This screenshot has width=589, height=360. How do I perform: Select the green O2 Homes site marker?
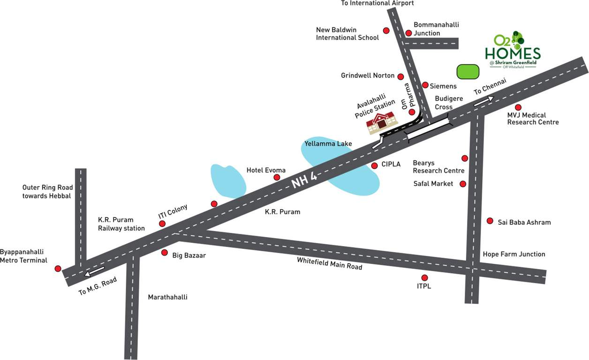(468, 72)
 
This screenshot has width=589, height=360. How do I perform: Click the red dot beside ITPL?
(424, 277)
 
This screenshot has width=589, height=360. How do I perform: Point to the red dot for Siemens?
(425, 85)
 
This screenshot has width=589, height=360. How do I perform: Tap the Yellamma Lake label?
(328, 143)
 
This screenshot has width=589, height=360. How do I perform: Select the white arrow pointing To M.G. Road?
(94, 272)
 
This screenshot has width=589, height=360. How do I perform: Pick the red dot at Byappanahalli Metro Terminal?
(58, 269)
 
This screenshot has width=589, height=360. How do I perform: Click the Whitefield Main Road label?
(329, 263)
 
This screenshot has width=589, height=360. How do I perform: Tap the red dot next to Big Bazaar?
(165, 253)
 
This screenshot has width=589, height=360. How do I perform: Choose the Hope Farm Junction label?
(514, 254)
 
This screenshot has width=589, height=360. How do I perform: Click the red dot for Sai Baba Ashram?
(490, 221)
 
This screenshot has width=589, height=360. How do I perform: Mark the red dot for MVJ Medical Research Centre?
(518, 107)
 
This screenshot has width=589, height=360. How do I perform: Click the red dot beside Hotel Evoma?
(277, 177)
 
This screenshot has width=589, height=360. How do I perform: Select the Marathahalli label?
(167, 297)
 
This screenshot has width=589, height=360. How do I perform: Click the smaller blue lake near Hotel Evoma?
(228, 180)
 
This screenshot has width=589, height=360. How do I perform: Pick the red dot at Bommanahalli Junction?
(408, 33)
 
